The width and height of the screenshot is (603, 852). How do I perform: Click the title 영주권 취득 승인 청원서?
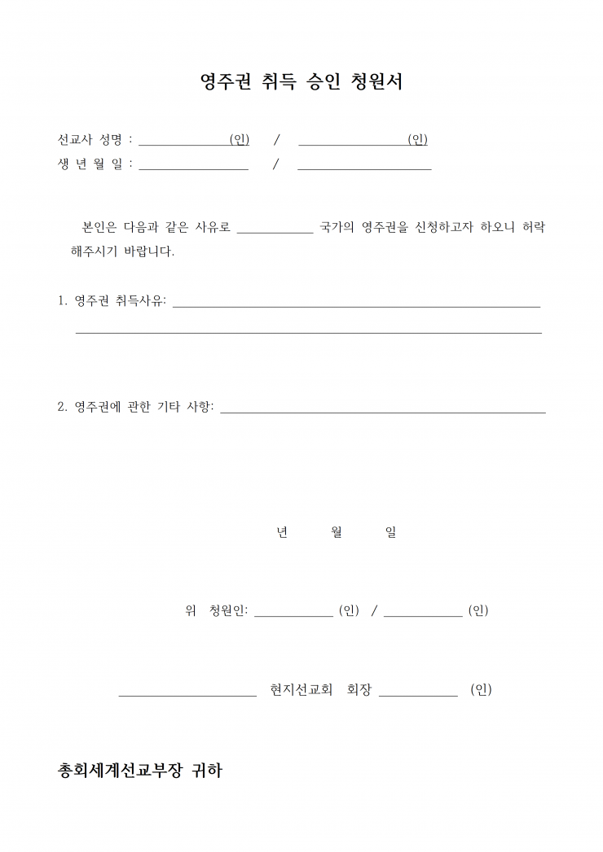[x=301, y=81]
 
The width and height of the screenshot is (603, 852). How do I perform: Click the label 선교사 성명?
[x=89, y=139]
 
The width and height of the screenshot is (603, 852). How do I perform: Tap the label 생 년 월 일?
[x=89, y=164]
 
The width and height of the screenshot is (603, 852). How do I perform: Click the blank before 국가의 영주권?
[x=275, y=229]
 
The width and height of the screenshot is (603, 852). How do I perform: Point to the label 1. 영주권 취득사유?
[x=112, y=301]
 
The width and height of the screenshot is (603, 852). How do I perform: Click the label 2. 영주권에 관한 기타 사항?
[x=135, y=407]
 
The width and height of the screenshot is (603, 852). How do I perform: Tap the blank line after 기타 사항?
[x=383, y=411]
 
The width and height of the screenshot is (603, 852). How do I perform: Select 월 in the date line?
[x=337, y=532]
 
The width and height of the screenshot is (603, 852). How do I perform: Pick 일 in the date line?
[x=390, y=532]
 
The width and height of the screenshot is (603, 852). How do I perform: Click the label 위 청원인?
[x=217, y=610]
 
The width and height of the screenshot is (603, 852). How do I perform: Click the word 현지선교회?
[x=301, y=690]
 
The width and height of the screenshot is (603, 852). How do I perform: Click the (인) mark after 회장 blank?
[x=481, y=690]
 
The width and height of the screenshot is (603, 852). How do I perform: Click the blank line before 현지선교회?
[x=187, y=694]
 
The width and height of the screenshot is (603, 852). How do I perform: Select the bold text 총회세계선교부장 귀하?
[x=140, y=771]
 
